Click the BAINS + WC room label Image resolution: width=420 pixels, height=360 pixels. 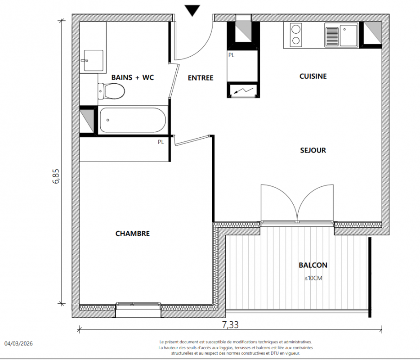(x=133, y=77)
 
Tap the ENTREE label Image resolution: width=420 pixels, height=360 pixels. (x=201, y=78)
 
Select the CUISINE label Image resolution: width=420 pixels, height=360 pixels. (x=313, y=76)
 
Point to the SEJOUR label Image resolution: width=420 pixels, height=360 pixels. (x=313, y=150)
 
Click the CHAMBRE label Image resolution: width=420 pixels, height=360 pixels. (x=133, y=234)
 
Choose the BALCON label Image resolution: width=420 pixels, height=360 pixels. (x=313, y=265)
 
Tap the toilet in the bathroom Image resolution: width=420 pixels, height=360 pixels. (x=111, y=91)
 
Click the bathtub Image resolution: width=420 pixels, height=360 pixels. (x=133, y=120)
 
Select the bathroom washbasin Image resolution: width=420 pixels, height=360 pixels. (x=93, y=61)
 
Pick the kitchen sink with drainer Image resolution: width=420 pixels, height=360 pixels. (x=341, y=35)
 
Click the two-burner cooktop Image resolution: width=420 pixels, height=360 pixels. (x=296, y=34)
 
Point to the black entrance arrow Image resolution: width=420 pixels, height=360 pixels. (x=192, y=11)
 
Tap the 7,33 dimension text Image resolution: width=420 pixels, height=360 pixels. (x=230, y=325)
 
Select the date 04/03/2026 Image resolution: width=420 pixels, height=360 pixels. (x=18, y=343)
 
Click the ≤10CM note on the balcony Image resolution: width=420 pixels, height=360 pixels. (x=313, y=278)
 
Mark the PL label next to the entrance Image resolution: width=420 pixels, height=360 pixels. (x=232, y=55)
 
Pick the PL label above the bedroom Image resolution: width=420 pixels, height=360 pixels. (x=161, y=142)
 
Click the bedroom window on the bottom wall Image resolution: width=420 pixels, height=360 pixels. (x=139, y=304)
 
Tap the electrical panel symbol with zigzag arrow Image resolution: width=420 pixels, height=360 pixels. (x=243, y=90)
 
